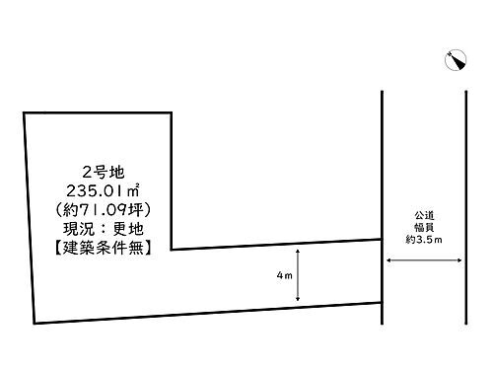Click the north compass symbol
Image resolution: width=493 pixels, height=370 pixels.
456,61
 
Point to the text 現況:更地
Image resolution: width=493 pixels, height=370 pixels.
96,230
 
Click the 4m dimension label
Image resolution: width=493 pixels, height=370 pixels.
283,277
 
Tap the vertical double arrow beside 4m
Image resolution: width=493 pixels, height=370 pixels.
297,276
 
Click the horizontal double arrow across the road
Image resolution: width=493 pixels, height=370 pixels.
424,260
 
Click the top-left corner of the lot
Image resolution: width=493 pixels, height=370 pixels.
25,111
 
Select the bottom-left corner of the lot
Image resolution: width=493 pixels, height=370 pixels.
35,323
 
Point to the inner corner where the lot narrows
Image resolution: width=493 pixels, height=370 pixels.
172,250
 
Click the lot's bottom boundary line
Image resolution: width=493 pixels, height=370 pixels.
207,313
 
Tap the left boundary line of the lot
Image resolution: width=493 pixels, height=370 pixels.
30,217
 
